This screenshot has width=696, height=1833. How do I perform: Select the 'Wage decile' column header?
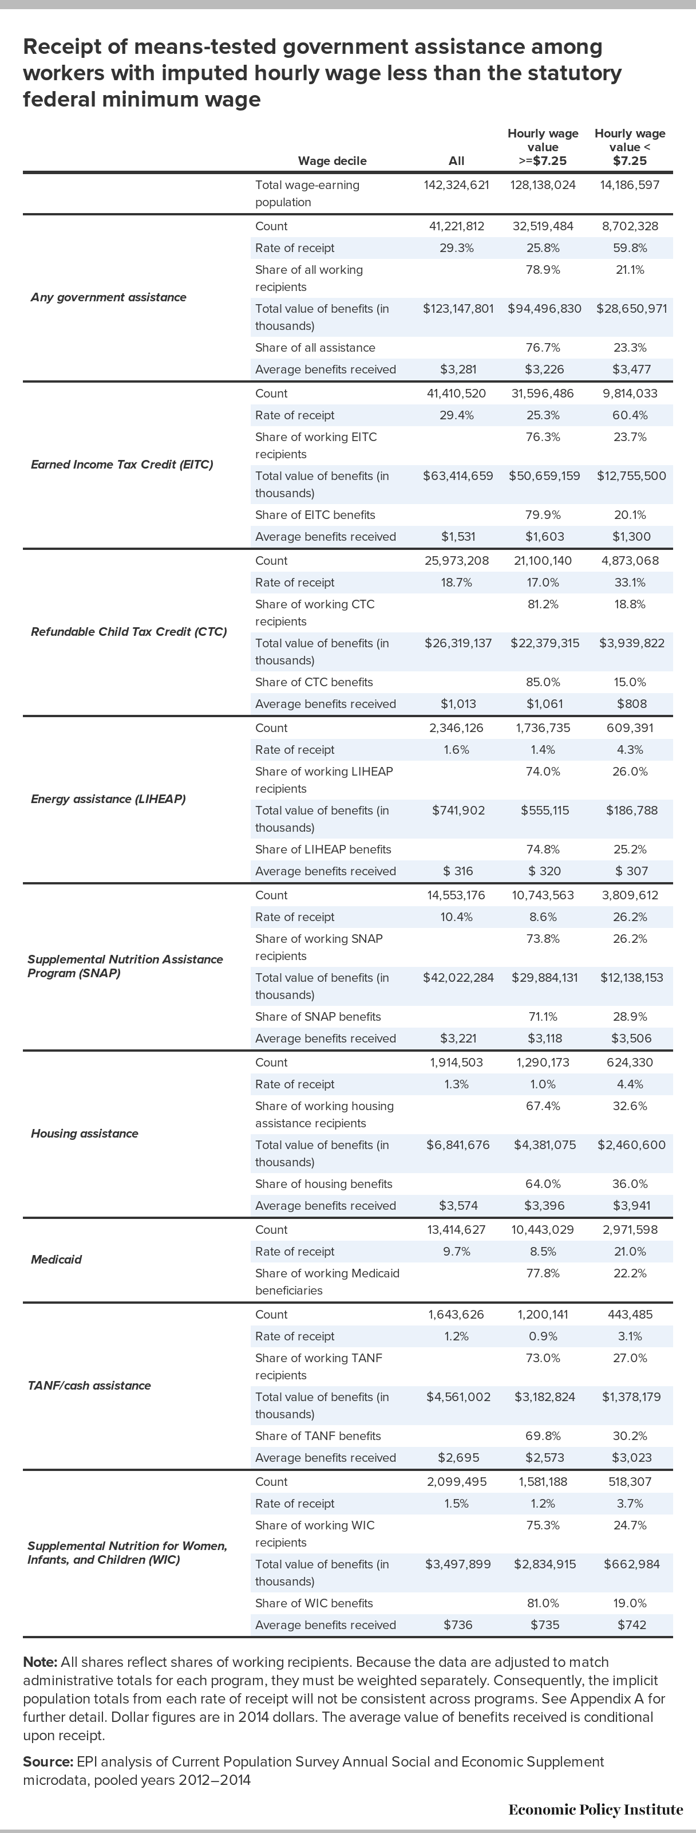click(332, 161)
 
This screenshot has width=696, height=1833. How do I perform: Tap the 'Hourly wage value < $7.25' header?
click(630, 147)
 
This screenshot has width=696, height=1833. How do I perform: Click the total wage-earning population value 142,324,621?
click(456, 185)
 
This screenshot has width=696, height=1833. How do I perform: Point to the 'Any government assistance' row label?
click(108, 297)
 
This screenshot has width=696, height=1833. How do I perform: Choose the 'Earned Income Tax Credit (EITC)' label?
click(121, 465)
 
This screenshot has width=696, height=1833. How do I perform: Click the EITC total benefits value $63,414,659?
click(458, 476)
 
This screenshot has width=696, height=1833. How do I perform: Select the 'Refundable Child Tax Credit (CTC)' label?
click(129, 632)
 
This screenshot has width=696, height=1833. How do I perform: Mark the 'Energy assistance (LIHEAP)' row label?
click(108, 799)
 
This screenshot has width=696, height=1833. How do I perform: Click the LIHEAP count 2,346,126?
click(456, 728)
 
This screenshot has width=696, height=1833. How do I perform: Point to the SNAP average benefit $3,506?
click(631, 1038)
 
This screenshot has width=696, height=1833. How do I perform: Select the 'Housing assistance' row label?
click(85, 1134)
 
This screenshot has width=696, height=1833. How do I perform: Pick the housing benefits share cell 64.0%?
click(543, 1184)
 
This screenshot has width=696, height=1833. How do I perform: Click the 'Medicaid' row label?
click(56, 1260)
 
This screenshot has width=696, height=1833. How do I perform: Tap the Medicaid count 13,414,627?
click(456, 1230)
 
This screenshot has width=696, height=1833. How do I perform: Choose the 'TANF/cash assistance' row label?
click(91, 1386)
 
